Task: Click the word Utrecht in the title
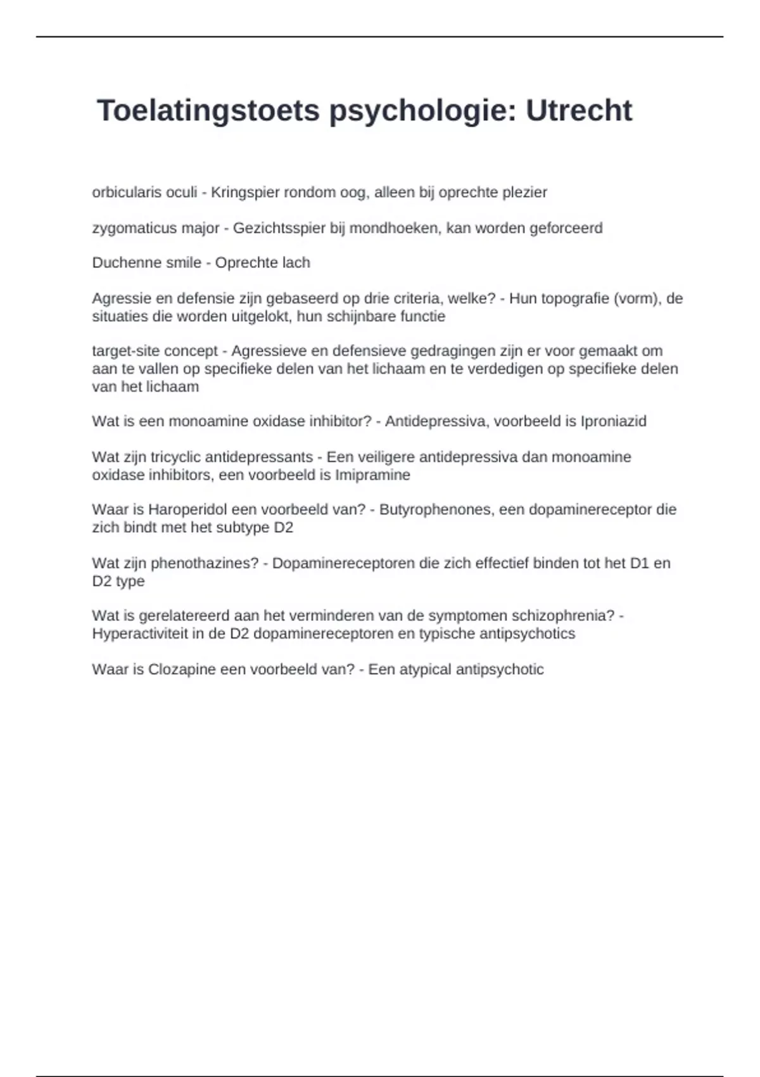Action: tap(578, 111)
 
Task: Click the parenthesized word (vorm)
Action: tap(636, 298)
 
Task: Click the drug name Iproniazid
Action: tap(613, 421)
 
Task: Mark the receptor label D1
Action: tap(640, 563)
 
